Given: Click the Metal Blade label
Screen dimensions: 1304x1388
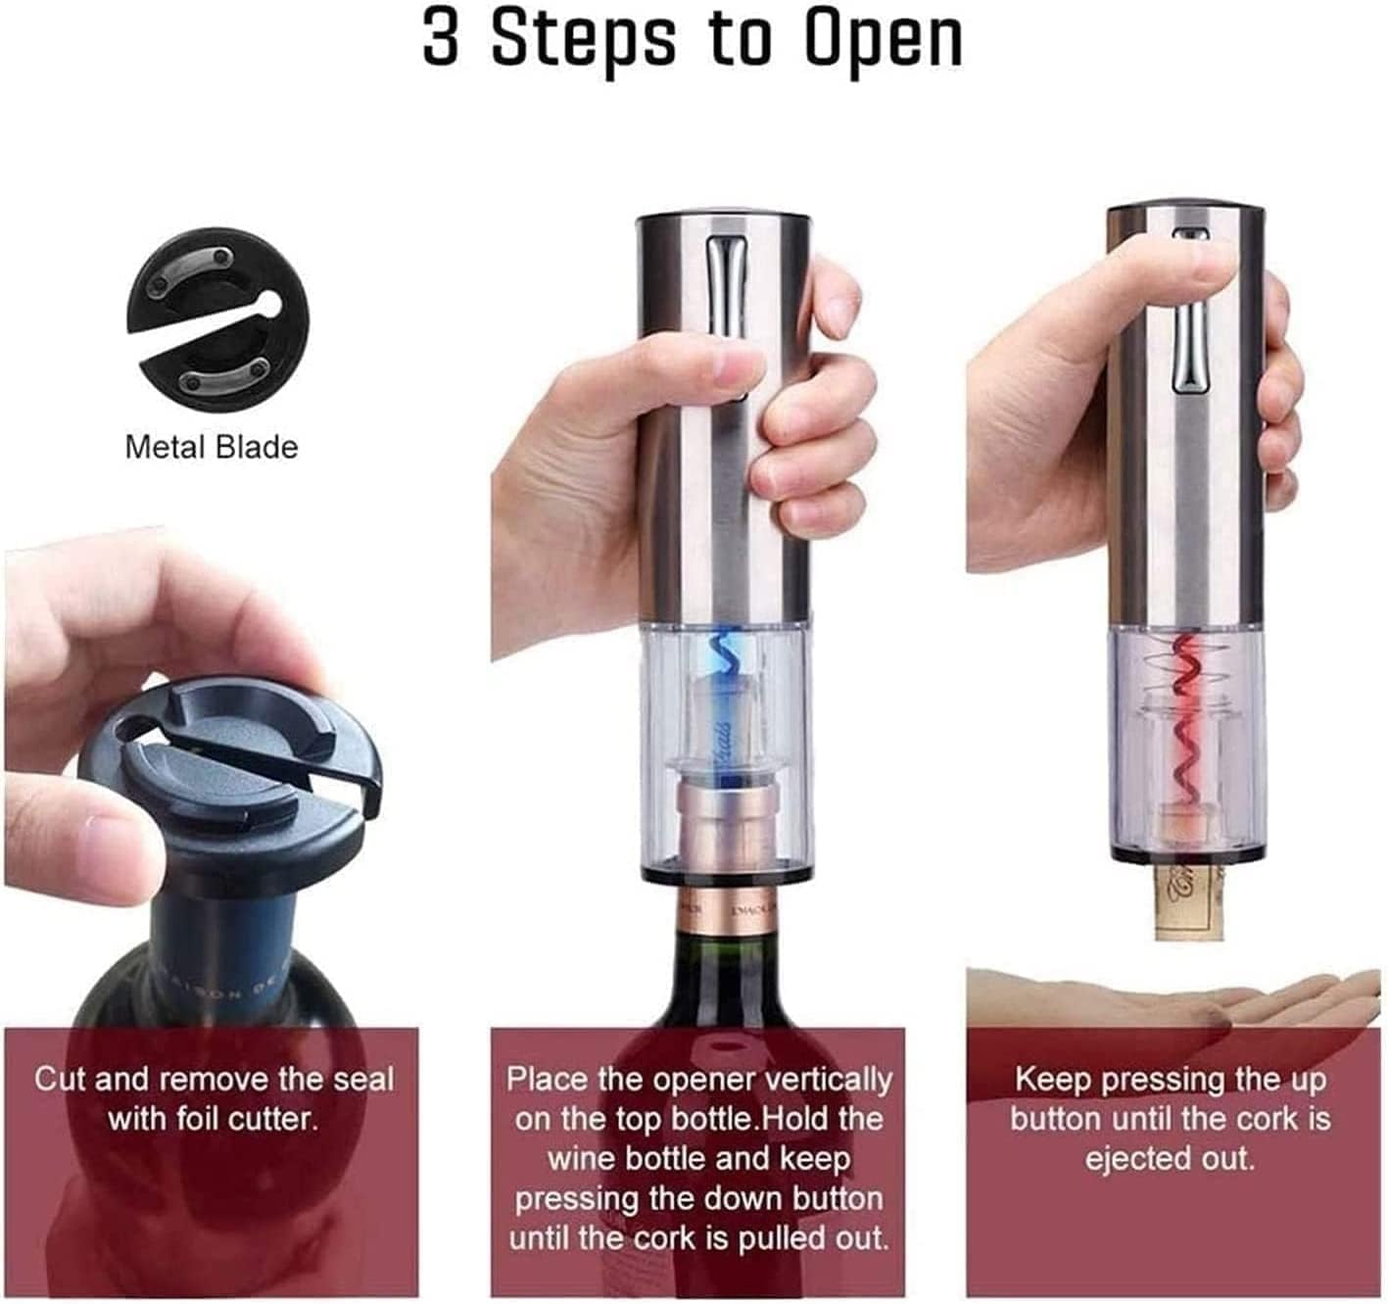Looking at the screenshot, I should [x=211, y=447].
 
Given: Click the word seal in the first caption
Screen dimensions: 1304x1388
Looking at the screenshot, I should [x=363, y=1080].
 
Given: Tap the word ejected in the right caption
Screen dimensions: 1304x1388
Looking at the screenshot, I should [x=1126, y=1159].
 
